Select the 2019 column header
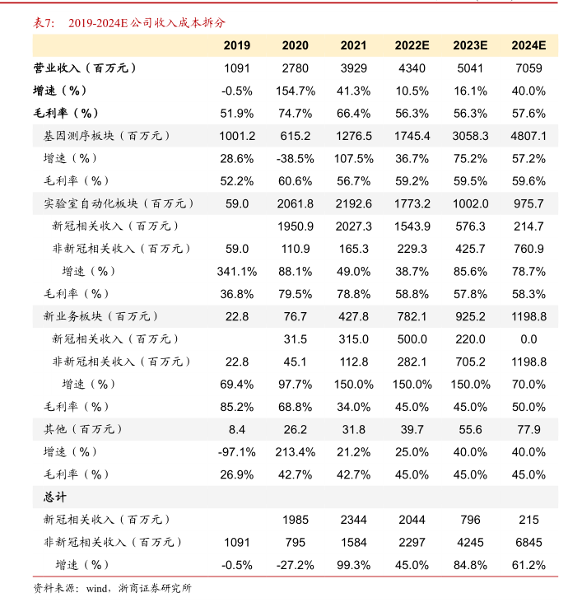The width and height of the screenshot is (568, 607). click(237, 45)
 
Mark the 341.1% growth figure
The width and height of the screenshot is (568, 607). click(237, 271)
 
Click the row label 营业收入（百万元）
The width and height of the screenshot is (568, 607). click(85, 68)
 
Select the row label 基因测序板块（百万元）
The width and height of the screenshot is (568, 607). click(106, 136)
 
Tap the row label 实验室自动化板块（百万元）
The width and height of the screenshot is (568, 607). click(118, 203)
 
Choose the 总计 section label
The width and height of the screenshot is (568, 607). click(55, 497)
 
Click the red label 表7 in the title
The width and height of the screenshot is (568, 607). click(43, 23)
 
